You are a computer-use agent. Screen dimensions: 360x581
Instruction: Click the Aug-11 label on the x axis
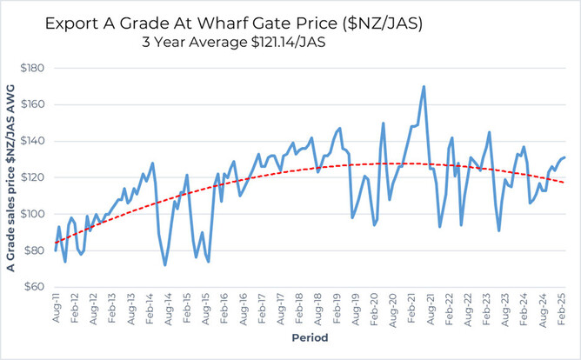56,309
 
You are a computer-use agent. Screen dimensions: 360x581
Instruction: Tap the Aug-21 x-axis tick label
432,309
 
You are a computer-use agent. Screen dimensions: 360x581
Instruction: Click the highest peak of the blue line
424,86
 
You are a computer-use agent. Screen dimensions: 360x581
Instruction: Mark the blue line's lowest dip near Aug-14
165,264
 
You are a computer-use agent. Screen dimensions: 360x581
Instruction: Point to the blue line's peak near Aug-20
384,123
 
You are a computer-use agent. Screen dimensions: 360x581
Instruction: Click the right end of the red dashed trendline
565,182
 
